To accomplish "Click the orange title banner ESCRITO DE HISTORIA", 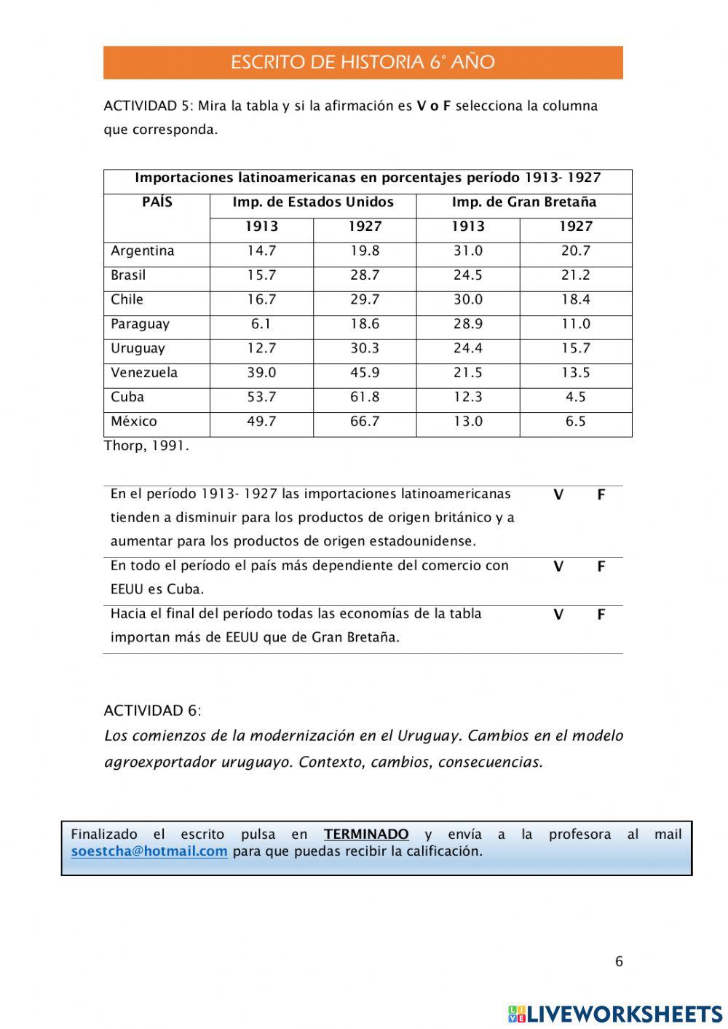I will pyautogui.click(x=363, y=63).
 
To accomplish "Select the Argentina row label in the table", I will pyautogui.click(x=143, y=251).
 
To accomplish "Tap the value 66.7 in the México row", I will pyautogui.click(x=365, y=422).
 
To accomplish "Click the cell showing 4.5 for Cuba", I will pyautogui.click(x=575, y=397).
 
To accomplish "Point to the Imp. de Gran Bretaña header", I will pyautogui.click(x=523, y=202).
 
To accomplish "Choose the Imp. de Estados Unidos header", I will pyautogui.click(x=313, y=202).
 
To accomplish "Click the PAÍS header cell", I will pyautogui.click(x=157, y=202).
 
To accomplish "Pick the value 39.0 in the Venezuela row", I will pyautogui.click(x=261, y=373).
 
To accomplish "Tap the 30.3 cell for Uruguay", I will pyautogui.click(x=365, y=348).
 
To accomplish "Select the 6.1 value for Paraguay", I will pyautogui.click(x=261, y=324).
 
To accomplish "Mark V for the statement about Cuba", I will pyautogui.click(x=558, y=567).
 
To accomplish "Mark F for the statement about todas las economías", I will pyautogui.click(x=601, y=615).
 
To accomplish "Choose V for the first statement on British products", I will pyautogui.click(x=558, y=495).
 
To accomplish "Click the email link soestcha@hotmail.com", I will pyautogui.click(x=149, y=851).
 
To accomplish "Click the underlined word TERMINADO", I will pyautogui.click(x=366, y=835).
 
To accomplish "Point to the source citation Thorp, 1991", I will pyautogui.click(x=146, y=446).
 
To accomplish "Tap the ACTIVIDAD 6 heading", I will pyautogui.click(x=153, y=711).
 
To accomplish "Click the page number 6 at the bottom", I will pyautogui.click(x=620, y=961).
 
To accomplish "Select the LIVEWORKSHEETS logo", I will pyautogui.click(x=615, y=1014).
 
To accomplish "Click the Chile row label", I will pyautogui.click(x=127, y=300).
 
